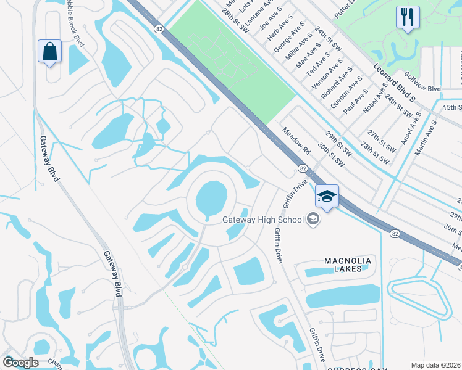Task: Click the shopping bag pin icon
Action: (x=49, y=51)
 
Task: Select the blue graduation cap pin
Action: (x=327, y=197)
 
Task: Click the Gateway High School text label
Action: (x=264, y=220)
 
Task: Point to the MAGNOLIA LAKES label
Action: (x=348, y=266)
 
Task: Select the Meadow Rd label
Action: (x=296, y=141)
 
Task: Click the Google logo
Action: (x=20, y=363)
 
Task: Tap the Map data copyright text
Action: (x=435, y=365)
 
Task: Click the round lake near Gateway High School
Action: (x=212, y=199)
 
